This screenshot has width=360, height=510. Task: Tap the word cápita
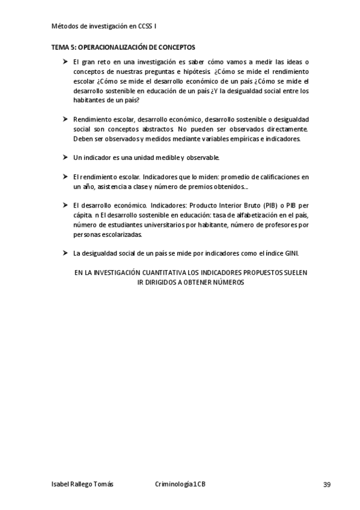(81, 215)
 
